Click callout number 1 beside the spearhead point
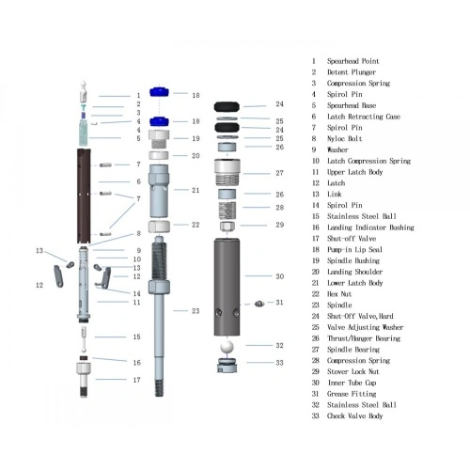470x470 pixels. coord(137,96)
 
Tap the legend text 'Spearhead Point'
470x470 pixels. coord(352,61)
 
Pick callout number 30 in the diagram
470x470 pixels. coord(279,276)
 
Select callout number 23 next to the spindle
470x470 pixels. coord(196,310)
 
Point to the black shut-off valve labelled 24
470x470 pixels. coord(228,105)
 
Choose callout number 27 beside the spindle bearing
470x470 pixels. coord(279,173)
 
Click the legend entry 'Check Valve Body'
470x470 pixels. coord(355,416)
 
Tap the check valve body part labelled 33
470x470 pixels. coord(226,364)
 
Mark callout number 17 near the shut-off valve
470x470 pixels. coord(137,380)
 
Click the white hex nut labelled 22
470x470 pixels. coord(160,226)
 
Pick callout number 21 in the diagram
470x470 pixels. coord(196,190)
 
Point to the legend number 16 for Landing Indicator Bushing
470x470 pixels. coord(315,227)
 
